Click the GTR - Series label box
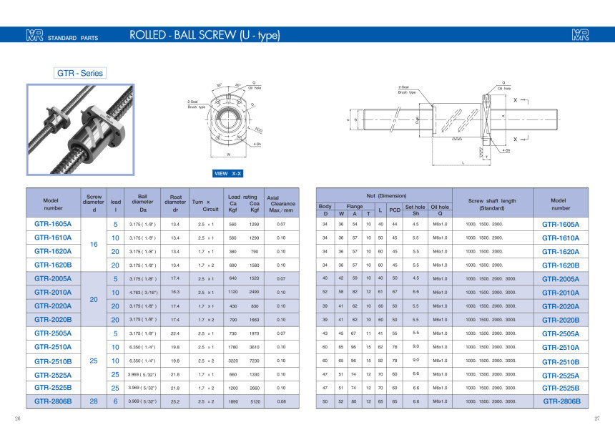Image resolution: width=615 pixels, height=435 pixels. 81,73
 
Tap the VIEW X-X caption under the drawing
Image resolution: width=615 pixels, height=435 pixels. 229,173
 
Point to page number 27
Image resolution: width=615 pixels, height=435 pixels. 596,419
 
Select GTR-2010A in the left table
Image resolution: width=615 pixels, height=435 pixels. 53,292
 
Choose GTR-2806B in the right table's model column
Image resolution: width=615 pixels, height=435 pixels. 561,401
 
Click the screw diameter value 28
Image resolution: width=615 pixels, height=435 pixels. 94,401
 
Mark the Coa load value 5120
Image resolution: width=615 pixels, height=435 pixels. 254,401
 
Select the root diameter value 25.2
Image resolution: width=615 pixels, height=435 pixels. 175,401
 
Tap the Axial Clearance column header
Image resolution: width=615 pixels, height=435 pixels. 280,203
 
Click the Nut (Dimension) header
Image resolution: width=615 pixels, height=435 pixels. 386,195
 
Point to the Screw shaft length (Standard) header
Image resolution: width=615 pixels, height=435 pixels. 492,204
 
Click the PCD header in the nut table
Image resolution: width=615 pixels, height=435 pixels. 394,210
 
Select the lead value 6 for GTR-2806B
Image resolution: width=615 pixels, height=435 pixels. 115,401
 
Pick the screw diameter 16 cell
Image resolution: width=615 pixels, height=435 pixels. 94,244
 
